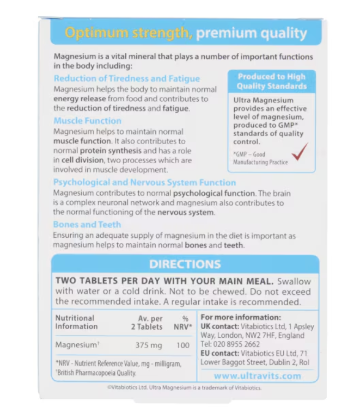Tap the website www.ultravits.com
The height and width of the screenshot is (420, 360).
pos(257,375)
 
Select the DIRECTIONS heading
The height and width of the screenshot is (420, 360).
pos(185,264)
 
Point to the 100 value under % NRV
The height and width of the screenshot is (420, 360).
pos(183,345)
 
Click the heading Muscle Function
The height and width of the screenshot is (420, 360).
pos(88,121)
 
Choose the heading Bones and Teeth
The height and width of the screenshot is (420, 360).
pos(87,224)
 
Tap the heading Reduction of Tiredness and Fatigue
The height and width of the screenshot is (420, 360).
pos(127,79)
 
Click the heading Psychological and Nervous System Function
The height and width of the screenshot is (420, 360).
pos(144,183)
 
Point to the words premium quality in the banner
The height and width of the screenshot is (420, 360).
pos(251,33)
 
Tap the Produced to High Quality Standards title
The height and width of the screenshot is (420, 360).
pos(272,82)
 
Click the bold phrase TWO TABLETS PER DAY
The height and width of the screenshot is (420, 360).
pos(120,281)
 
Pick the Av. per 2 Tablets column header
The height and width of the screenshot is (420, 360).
pos(149,322)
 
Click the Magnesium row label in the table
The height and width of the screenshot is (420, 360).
pos(77,345)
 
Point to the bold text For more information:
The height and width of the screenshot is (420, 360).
pos(241,318)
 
